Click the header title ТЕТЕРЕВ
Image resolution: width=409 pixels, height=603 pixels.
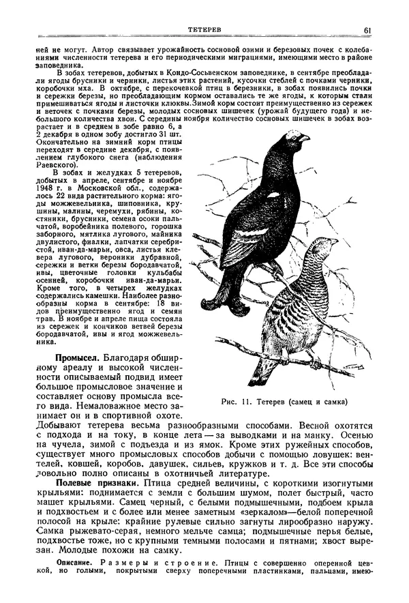point(205,29)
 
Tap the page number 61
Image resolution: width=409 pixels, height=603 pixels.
point(367,29)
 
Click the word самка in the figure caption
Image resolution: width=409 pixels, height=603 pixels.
point(331,401)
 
